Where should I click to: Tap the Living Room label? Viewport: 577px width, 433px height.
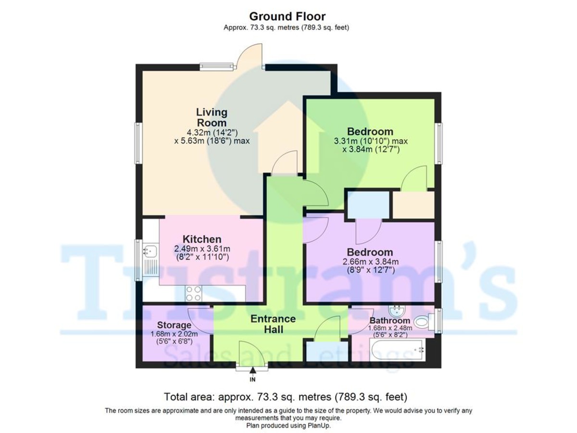click(x=212, y=117)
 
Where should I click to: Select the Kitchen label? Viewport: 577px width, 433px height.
click(x=202, y=239)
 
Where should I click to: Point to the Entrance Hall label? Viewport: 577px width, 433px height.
click(x=273, y=324)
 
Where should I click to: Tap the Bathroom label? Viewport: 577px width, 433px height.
click(x=389, y=320)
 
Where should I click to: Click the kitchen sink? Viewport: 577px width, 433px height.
click(x=150, y=251)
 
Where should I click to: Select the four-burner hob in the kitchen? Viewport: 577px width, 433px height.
click(x=194, y=293)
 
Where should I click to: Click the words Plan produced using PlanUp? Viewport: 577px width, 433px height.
click(x=288, y=425)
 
